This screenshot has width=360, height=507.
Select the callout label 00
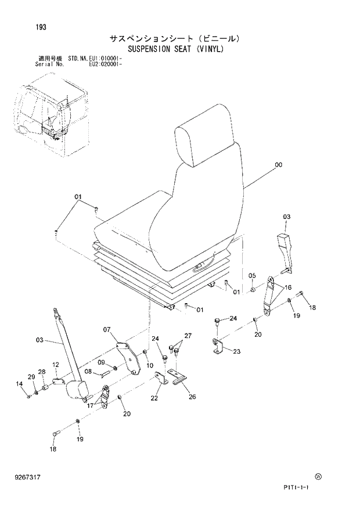(x=278, y=165)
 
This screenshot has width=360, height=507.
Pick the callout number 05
(x=252, y=275)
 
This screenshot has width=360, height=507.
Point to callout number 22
(x=154, y=398)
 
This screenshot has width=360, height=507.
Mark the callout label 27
(x=188, y=336)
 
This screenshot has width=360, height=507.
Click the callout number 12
(x=56, y=365)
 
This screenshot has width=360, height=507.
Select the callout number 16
(x=288, y=287)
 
